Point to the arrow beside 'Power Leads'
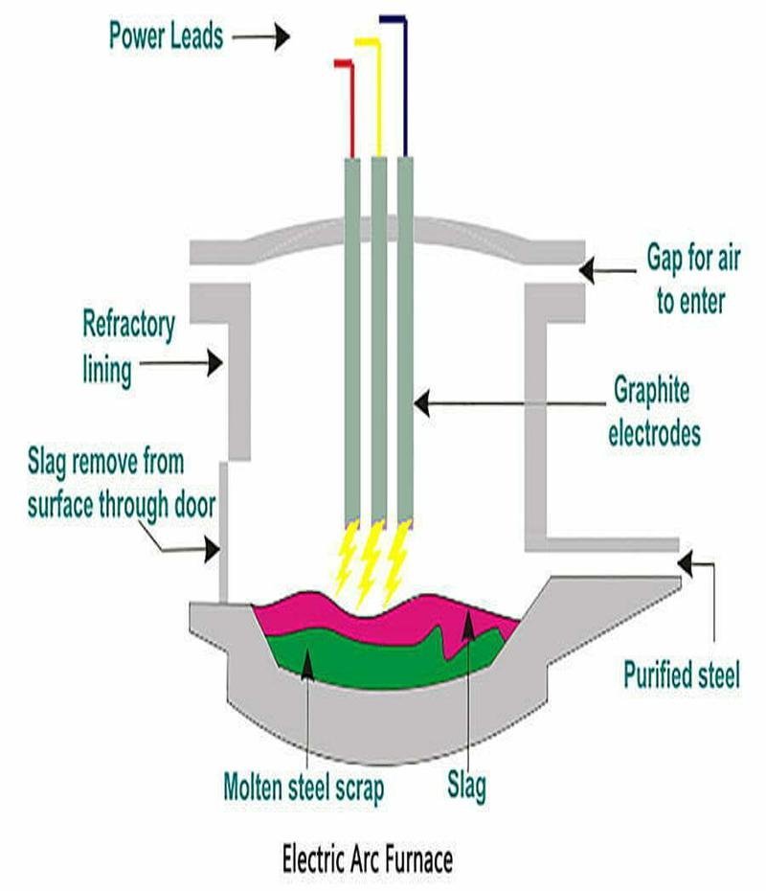[x=259, y=37]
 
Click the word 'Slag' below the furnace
[x=465, y=787]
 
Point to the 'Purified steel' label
[x=681, y=675]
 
